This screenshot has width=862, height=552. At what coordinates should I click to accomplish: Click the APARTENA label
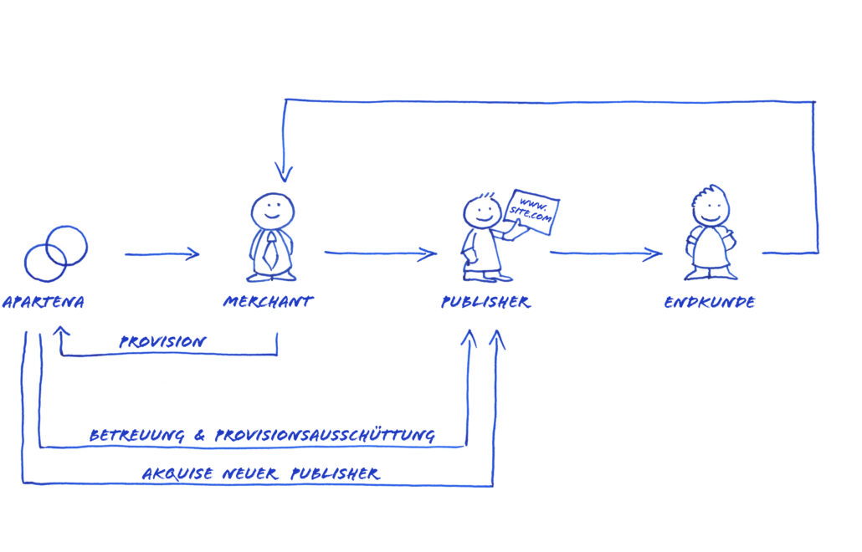44,302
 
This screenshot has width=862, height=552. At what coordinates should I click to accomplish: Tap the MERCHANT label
268,302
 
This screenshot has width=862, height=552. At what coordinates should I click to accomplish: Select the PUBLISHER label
485,302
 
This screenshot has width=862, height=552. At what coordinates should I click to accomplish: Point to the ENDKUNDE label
709,302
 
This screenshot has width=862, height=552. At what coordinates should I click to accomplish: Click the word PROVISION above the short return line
162,342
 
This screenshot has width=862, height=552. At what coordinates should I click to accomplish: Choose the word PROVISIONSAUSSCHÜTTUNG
325,436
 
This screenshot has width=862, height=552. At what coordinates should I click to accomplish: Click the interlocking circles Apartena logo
56,253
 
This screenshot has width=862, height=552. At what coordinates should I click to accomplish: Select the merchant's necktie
271,251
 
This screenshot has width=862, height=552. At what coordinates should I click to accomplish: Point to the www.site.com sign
532,210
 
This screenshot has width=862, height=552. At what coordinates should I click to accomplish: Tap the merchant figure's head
273,210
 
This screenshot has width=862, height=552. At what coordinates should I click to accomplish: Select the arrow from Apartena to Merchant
162,253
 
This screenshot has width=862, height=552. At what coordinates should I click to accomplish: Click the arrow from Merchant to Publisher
381,253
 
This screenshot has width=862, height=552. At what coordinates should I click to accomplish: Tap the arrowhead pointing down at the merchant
285,173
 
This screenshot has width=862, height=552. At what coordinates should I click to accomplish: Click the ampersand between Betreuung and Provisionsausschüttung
202,436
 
